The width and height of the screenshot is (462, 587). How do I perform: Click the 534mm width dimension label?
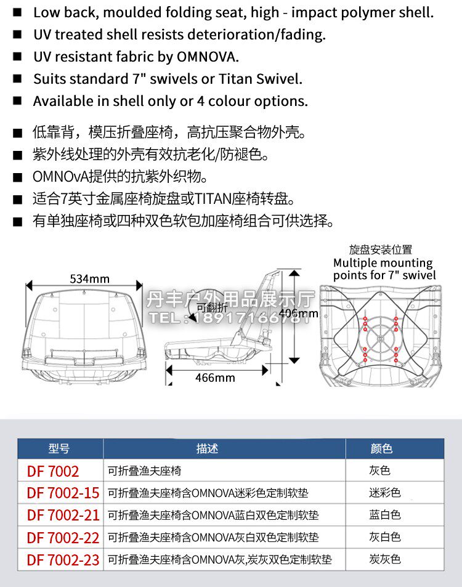click(89, 278)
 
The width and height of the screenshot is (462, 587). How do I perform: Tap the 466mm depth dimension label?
click(215, 377)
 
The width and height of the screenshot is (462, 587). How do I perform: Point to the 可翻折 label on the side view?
click(212, 307)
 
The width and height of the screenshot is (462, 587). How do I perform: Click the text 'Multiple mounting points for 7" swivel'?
click(384, 269)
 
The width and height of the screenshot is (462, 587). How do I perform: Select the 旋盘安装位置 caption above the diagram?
click(381, 249)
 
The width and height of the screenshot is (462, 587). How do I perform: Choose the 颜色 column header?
click(381, 448)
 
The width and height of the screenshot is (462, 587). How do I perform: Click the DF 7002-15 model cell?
click(63, 493)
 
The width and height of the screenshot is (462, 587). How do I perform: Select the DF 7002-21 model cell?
click(63, 515)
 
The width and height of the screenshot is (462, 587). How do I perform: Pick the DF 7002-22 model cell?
click(63, 537)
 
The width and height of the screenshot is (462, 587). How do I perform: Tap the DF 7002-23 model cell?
click(63, 560)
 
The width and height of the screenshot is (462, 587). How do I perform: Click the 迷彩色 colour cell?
click(385, 493)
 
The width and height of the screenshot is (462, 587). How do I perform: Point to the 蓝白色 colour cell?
click(385, 515)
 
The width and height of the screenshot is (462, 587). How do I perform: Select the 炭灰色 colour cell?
click(385, 559)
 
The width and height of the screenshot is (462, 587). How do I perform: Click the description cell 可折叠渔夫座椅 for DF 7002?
click(144, 471)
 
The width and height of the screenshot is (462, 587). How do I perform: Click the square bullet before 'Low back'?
click(18, 12)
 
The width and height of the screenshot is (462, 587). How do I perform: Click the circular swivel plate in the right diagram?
click(379, 338)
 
